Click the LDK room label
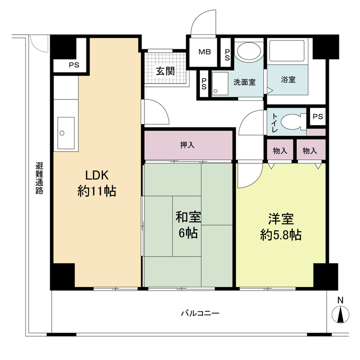pos(97,175)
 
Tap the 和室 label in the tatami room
pos(188,217)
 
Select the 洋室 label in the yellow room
pos(281,219)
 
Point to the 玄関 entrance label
pos(165,71)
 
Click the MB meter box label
pos(205,52)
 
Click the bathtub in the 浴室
pos(287,51)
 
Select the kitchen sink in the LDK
pos(66,133)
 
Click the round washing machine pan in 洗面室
pos(249,51)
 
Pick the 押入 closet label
pos(187,145)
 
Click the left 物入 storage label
pos(280,151)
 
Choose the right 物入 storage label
pos(310,151)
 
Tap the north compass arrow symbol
pos(341,315)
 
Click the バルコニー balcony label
pos(200,313)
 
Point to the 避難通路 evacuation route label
pos(39,178)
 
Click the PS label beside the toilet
pos(318,117)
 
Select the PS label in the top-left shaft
pos(74,65)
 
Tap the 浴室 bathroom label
pos(288,80)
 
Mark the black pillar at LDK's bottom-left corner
pos(63,276)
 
